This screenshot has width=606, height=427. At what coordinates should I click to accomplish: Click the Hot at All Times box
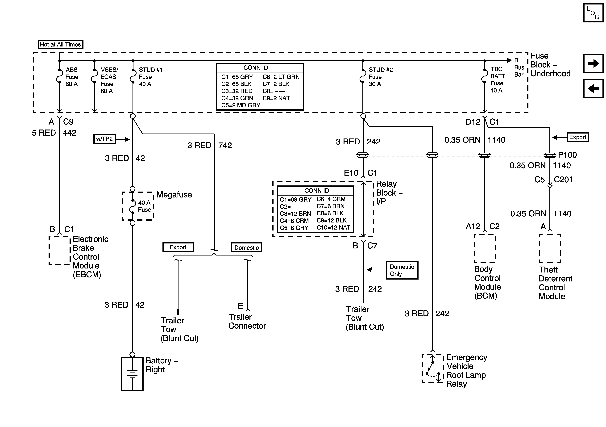pos(60,44)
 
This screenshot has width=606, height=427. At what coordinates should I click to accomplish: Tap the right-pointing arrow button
pos(593,63)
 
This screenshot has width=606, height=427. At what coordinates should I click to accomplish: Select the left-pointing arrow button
pos(593,88)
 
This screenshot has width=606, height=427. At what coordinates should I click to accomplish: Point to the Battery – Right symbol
pos(132,374)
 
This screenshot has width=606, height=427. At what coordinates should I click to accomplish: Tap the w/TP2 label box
pos(104,139)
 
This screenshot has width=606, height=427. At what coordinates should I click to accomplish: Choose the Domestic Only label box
pos(402,270)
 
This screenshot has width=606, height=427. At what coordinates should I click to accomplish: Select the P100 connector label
pos(567,155)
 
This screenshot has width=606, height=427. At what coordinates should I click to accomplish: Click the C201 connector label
pos(563,180)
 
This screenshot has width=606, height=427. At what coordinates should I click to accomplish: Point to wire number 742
pos(225,146)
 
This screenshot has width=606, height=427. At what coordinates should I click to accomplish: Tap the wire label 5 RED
pos(44,133)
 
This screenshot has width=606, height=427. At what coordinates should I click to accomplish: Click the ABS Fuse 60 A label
pos(72,77)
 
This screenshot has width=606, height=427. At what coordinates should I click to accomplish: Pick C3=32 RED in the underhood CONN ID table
pos(237,91)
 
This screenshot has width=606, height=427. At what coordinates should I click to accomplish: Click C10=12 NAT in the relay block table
pos(333,228)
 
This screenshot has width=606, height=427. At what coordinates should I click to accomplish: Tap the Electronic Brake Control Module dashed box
pos(60,250)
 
